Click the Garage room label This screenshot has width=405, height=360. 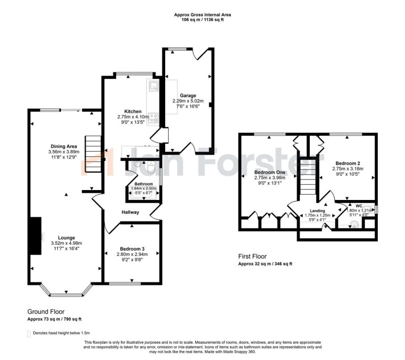(x=187, y=95)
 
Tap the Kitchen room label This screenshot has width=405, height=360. (x=133, y=112)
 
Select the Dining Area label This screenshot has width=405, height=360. (x=64, y=146)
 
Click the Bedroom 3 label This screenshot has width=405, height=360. (x=132, y=248)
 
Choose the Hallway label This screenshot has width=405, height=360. (x=130, y=213)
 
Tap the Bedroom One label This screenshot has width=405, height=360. (x=269, y=172)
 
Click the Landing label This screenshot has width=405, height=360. (x=317, y=211)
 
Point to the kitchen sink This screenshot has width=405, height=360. (x=154, y=86)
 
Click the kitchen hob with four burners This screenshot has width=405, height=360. (x=154, y=118)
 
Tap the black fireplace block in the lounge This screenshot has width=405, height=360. (x=35, y=235)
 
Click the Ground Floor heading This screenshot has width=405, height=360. (x=46, y=312)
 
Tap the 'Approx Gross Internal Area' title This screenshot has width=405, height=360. (x=202, y=15)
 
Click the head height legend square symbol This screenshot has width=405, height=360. (x=28, y=333)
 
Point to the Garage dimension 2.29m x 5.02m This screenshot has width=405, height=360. (x=187, y=101)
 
